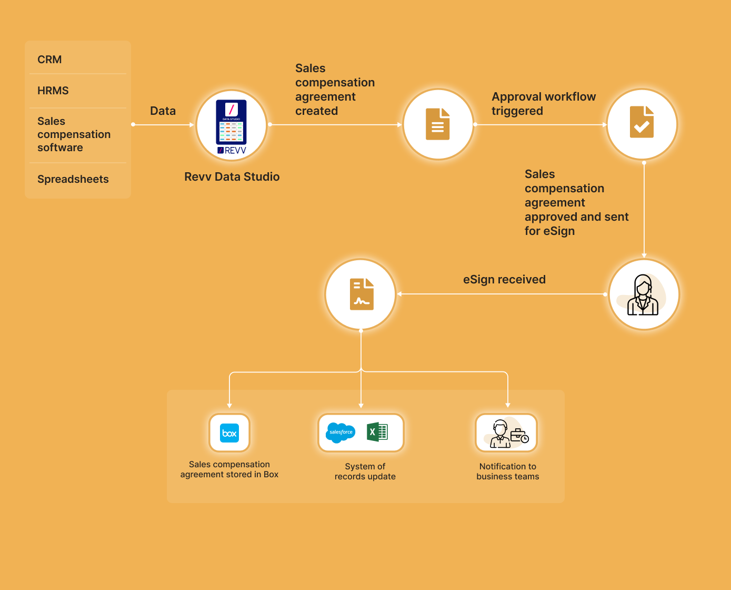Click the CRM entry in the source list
[x=49, y=60]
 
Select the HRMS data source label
[x=53, y=91]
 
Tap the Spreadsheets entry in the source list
[x=73, y=179]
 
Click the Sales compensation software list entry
[x=74, y=134]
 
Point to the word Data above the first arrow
[x=163, y=111]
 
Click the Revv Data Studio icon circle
[x=232, y=125]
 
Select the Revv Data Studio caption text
[x=232, y=176]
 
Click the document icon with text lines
[x=438, y=124]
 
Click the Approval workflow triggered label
[x=543, y=104]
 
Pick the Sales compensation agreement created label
[x=335, y=90]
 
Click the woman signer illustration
[x=643, y=295]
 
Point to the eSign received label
[x=504, y=279]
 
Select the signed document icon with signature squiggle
[x=362, y=294]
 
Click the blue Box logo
[x=229, y=433]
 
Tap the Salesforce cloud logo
[x=341, y=432]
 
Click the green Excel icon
[x=377, y=432]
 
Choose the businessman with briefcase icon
[x=506, y=433]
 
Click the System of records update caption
[x=365, y=471]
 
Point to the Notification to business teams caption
[x=507, y=471]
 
